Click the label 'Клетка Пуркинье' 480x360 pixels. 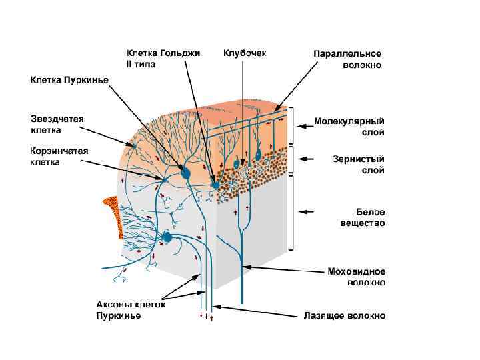70,80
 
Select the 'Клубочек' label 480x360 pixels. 245,53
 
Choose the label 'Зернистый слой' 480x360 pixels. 358,165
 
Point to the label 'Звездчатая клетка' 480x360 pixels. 57,124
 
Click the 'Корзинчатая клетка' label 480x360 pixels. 59,156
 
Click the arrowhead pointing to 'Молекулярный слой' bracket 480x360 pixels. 301,123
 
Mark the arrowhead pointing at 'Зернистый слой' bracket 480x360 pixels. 301,159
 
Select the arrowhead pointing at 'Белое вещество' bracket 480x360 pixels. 301,212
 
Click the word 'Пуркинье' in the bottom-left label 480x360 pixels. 119,315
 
